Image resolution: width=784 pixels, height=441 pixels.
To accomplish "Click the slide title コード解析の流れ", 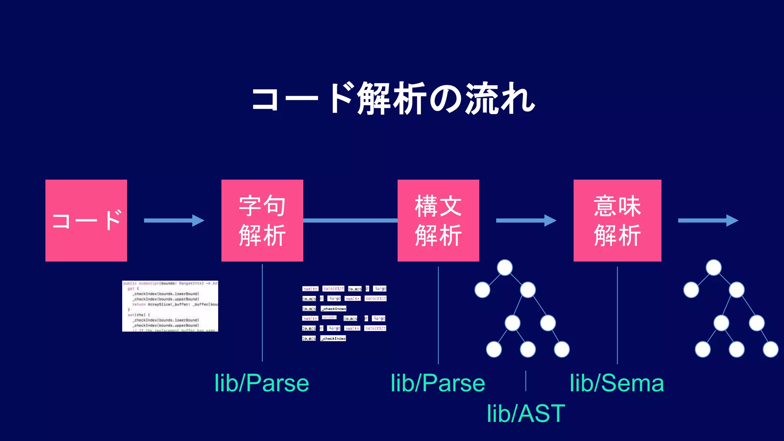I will point(393,99).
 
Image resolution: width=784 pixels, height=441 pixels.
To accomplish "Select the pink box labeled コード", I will point(86,220).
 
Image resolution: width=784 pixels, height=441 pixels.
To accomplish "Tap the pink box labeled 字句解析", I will point(262,220).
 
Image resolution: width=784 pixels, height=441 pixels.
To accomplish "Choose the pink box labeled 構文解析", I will point(438,220).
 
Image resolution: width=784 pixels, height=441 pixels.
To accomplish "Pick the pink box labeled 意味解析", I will point(617,220).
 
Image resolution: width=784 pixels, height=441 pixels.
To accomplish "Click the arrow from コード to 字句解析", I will point(174,220).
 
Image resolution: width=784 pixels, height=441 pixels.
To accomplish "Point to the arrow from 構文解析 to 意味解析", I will point(526,220).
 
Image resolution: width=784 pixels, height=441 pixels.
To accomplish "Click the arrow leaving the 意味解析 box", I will point(708,220).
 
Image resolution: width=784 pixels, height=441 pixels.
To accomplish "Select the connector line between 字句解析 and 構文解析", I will point(350,220).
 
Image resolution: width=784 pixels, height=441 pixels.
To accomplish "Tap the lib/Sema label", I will point(617,383).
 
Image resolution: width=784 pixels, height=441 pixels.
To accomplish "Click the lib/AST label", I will point(526,413).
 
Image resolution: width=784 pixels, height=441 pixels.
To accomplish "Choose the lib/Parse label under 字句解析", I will point(262,383).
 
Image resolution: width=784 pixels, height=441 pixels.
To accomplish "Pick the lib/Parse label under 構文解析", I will point(438,383).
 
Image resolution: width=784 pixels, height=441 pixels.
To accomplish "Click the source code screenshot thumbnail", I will point(170,306).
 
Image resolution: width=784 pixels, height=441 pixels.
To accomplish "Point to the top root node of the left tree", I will point(505,267).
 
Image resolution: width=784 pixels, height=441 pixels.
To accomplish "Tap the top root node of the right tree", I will point(714,267).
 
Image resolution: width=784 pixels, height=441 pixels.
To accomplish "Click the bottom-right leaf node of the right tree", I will point(770,349).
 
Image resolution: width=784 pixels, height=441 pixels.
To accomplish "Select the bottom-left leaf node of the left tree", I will point(494,349).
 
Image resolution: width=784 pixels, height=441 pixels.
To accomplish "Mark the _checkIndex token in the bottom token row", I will point(333,338).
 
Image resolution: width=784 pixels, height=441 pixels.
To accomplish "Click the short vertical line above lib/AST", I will point(526,381).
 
